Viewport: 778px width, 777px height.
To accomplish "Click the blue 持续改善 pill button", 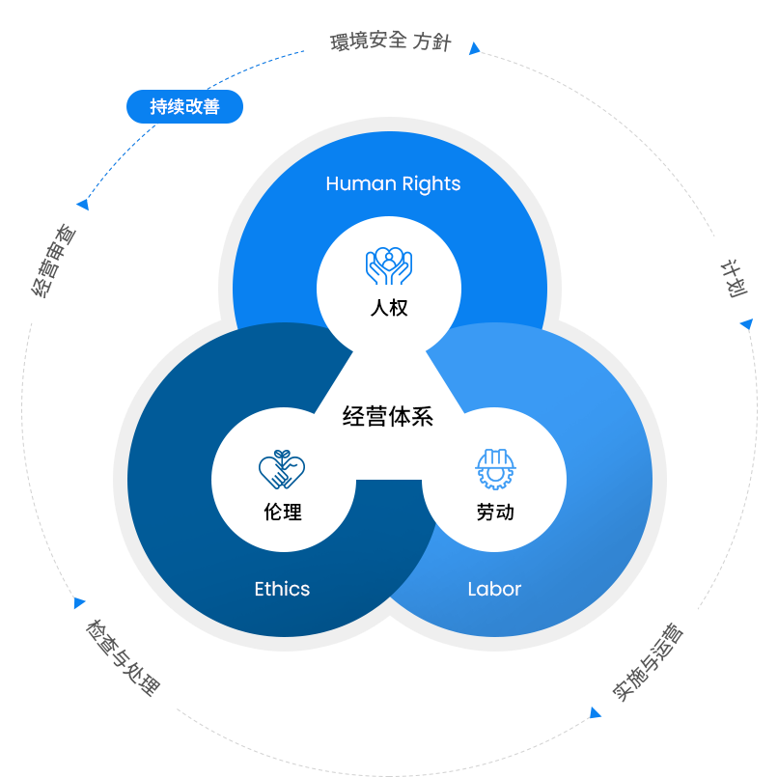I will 184,107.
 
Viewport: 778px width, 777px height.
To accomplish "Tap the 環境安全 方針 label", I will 390,42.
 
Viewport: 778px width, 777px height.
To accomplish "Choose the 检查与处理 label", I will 121,655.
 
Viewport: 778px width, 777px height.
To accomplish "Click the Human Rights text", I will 393,183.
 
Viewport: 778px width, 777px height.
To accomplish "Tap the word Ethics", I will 282,589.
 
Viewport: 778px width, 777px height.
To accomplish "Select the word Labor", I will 494,589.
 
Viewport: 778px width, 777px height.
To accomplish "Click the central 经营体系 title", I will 388,417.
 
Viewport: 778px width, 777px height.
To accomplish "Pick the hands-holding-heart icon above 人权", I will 389,266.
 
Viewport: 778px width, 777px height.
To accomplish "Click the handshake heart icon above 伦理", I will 282,469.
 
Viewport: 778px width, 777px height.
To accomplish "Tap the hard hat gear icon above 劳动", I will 495,469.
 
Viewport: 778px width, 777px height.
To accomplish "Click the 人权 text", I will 389,309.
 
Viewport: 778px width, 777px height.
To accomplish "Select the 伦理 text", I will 282,513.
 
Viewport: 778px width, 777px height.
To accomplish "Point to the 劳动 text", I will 495,513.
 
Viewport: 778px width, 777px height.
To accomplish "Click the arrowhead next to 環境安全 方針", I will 473,48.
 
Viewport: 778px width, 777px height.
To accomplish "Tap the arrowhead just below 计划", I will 745,324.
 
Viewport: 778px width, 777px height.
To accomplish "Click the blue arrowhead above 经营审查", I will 83,204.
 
